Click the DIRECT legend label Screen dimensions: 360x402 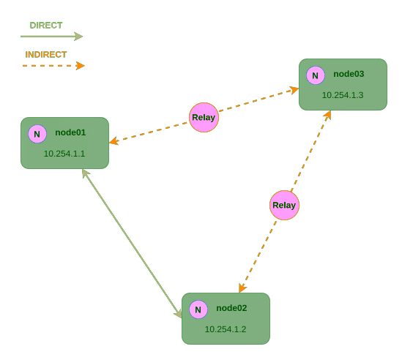tap(45, 25)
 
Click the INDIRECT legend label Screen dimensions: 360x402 tap(45, 54)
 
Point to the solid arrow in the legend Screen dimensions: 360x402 tap(51, 36)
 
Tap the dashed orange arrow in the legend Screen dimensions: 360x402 tap(53, 66)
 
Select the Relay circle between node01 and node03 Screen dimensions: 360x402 tap(204, 117)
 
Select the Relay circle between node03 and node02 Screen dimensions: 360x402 tap(284, 205)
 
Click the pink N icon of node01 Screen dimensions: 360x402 tap(37, 134)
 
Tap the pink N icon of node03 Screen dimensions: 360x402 tap(316, 75)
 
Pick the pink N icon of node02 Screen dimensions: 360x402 tap(198, 310)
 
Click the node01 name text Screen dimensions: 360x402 tap(70, 132)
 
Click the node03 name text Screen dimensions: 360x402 tap(349, 74)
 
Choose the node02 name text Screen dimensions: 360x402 tap(231, 308)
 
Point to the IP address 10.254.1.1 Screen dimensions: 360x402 tap(65, 154)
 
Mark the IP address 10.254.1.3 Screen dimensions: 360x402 tap(343, 95)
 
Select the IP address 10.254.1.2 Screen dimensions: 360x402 tap(226, 329)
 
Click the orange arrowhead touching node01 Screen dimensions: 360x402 tap(113, 141)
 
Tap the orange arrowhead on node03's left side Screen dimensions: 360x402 tap(294, 90)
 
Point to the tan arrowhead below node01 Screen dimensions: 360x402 tap(85, 173)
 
